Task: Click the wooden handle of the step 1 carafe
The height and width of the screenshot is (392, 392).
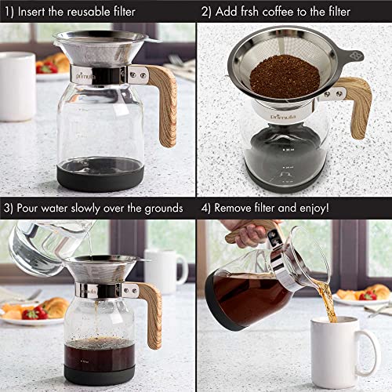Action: coord(165,102)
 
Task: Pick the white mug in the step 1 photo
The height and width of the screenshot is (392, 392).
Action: coord(16,86)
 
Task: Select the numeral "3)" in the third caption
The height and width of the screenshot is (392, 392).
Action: coord(8,208)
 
